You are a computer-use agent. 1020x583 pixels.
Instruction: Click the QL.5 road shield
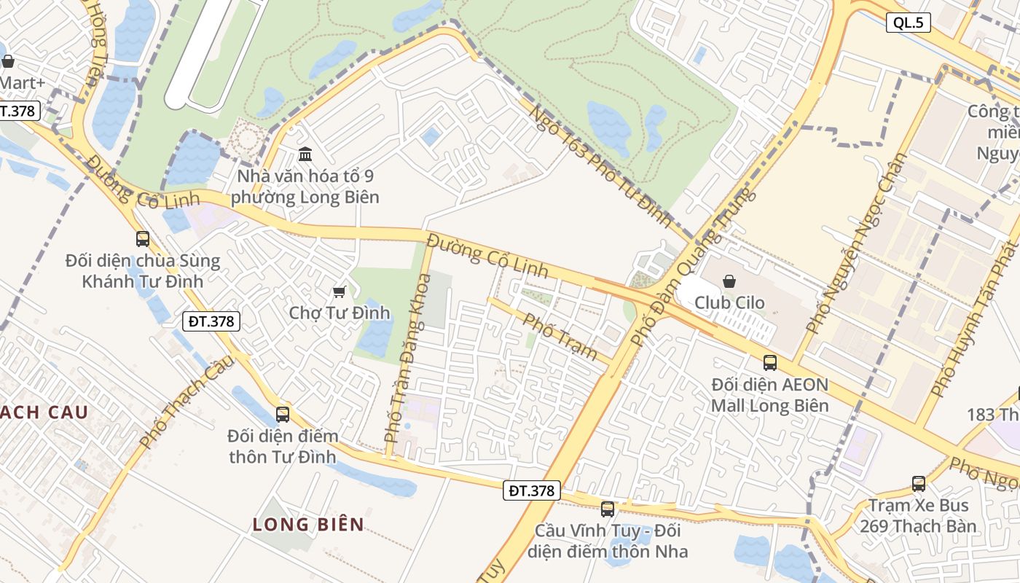[909, 23]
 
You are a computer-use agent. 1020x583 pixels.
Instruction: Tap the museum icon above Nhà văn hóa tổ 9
[305, 154]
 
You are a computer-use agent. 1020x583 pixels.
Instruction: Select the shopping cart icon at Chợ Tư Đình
[339, 292]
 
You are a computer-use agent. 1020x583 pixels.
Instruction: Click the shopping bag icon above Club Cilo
[729, 281]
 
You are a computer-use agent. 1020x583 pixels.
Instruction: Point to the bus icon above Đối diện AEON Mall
[770, 363]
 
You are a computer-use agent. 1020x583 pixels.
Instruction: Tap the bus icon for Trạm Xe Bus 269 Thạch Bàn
[919, 484]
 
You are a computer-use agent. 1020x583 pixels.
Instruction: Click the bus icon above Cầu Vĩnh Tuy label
[608, 509]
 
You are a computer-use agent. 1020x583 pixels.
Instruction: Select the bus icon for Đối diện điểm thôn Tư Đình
[283, 415]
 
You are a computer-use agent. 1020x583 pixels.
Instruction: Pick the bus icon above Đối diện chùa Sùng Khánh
[143, 239]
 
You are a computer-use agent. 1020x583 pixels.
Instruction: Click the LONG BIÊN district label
[308, 524]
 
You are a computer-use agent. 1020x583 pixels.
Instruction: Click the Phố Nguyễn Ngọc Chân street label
[856, 244]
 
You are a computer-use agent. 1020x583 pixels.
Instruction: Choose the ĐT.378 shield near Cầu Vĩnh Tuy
[532, 491]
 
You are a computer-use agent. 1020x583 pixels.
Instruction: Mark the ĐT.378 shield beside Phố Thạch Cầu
[211, 321]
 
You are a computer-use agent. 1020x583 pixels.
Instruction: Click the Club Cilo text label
[729, 302]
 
